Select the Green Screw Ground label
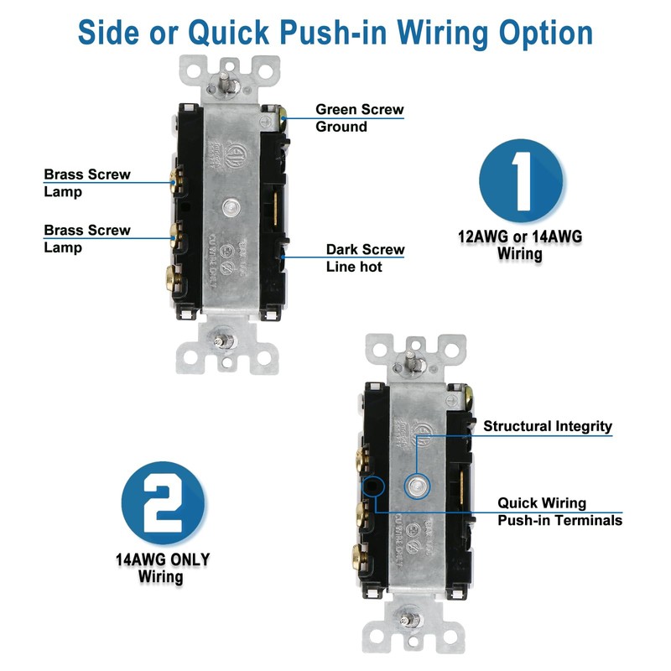click(359, 118)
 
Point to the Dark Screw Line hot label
click(365, 257)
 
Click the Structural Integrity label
click(548, 426)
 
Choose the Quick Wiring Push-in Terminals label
click(559, 512)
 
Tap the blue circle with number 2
click(164, 502)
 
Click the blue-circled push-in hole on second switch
click(372, 484)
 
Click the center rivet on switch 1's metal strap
click(230, 205)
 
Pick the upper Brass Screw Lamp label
click(87, 183)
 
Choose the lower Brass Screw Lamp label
click(87, 238)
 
